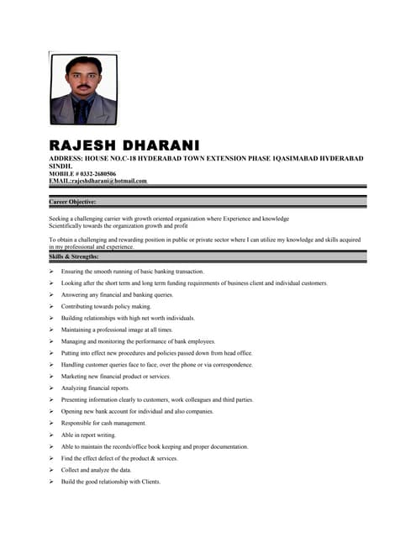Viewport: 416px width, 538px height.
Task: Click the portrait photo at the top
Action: (x=84, y=89)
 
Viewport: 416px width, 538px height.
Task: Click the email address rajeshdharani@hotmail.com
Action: (x=109, y=181)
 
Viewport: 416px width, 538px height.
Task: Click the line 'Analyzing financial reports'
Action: (x=96, y=388)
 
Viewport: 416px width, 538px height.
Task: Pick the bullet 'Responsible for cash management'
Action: (x=104, y=423)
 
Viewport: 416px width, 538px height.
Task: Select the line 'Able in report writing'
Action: (x=89, y=435)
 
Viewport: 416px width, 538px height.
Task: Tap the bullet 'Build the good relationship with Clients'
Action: (x=111, y=482)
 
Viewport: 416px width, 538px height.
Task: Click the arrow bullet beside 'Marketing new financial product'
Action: (x=52, y=377)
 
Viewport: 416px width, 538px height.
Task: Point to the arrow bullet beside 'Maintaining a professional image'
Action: (x=52, y=330)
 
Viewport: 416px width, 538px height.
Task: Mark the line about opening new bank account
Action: (x=138, y=412)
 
